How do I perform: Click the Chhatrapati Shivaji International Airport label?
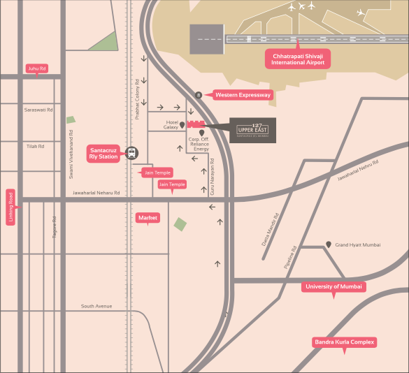(298, 59)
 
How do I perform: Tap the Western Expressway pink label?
(243, 95)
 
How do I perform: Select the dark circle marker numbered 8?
(199, 95)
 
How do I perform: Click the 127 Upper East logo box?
(253, 131)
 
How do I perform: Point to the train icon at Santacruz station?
(131, 153)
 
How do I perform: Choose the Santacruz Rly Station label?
(103, 153)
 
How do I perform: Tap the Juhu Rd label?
(36, 68)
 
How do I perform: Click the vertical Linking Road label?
(10, 207)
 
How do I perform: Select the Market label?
(148, 218)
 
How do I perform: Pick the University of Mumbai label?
(333, 286)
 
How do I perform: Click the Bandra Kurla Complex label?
(344, 342)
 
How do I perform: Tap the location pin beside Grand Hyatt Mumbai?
(329, 245)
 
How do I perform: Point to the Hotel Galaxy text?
(171, 125)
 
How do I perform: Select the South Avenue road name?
(96, 306)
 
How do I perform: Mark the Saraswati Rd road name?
(38, 110)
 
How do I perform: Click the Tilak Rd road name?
(35, 146)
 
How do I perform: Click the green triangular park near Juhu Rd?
(106, 43)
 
